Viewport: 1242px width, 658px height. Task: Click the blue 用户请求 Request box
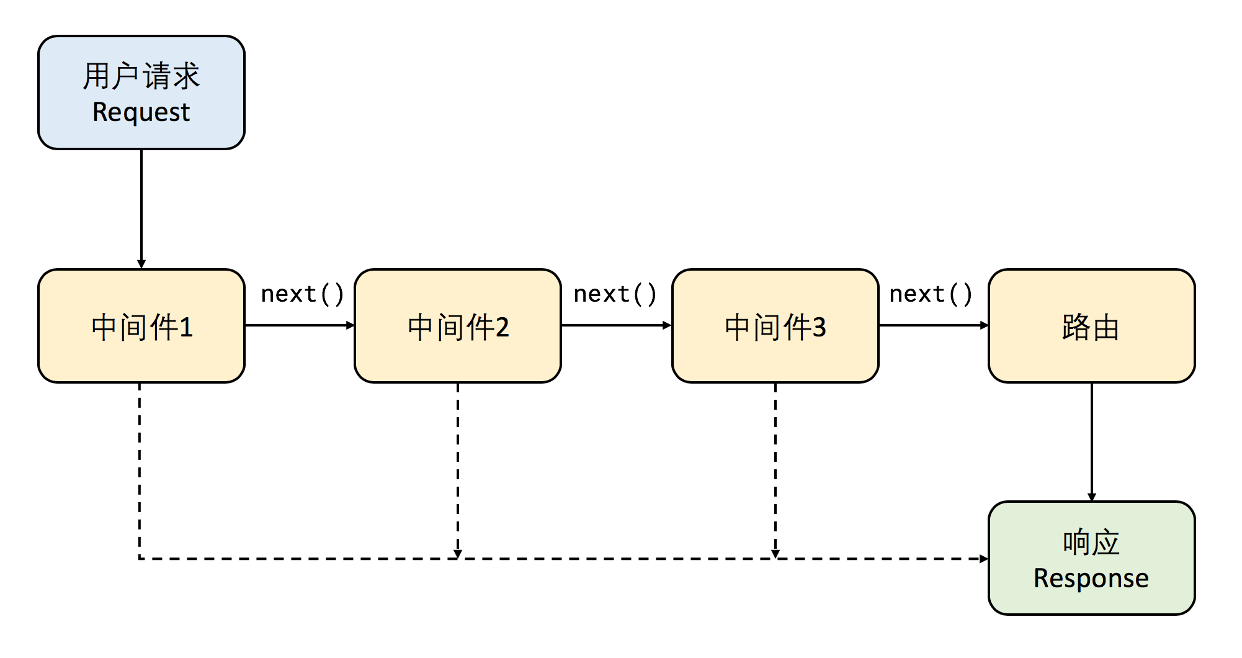(141, 92)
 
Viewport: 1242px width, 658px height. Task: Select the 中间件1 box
(141, 326)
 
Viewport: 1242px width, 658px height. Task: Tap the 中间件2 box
(458, 326)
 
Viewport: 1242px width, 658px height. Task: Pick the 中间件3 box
(775, 326)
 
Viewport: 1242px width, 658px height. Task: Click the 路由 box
(1091, 326)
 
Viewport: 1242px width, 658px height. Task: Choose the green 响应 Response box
(1091, 558)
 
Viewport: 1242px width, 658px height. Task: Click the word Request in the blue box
(141, 112)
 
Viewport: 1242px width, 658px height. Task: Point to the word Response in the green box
(1091, 578)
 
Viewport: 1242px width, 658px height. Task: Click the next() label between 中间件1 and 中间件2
(302, 294)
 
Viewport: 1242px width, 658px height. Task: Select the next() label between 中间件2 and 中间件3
(615, 294)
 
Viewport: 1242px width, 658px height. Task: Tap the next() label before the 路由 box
(931, 294)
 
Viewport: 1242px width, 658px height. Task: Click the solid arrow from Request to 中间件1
(141, 208)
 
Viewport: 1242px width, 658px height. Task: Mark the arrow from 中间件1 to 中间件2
(300, 325)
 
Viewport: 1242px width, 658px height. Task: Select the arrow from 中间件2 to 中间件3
(616, 325)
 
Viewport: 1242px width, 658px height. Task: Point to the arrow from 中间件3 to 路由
(933, 325)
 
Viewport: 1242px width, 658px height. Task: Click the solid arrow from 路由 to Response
(1092, 441)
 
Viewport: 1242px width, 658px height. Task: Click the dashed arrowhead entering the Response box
(983, 559)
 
